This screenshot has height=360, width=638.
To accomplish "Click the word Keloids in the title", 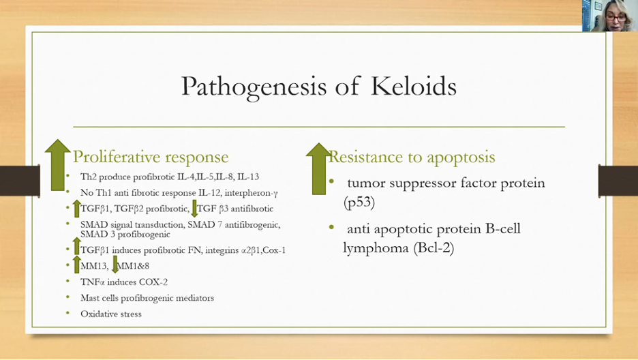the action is pos(413,86).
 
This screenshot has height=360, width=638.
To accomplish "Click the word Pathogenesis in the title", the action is pos(254,87).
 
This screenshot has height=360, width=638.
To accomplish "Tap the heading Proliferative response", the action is pos(151,157).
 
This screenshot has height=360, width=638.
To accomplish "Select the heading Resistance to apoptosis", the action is pos(412,157).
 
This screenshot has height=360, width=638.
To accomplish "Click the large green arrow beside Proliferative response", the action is pos(57,165).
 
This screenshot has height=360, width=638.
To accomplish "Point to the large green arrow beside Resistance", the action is pos(318,168).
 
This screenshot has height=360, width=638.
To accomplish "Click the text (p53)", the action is pos(359,202).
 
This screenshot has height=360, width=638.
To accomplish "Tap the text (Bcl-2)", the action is pos(434,247).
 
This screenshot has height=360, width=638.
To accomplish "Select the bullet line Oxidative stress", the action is pos(111,314).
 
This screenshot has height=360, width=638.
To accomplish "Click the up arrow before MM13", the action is pos(76,265).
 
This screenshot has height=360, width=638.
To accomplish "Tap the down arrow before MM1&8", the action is pos(115,265).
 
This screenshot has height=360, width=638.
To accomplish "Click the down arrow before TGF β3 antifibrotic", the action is pos(194,208).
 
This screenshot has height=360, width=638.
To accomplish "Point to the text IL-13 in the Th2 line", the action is pos(248,177).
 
